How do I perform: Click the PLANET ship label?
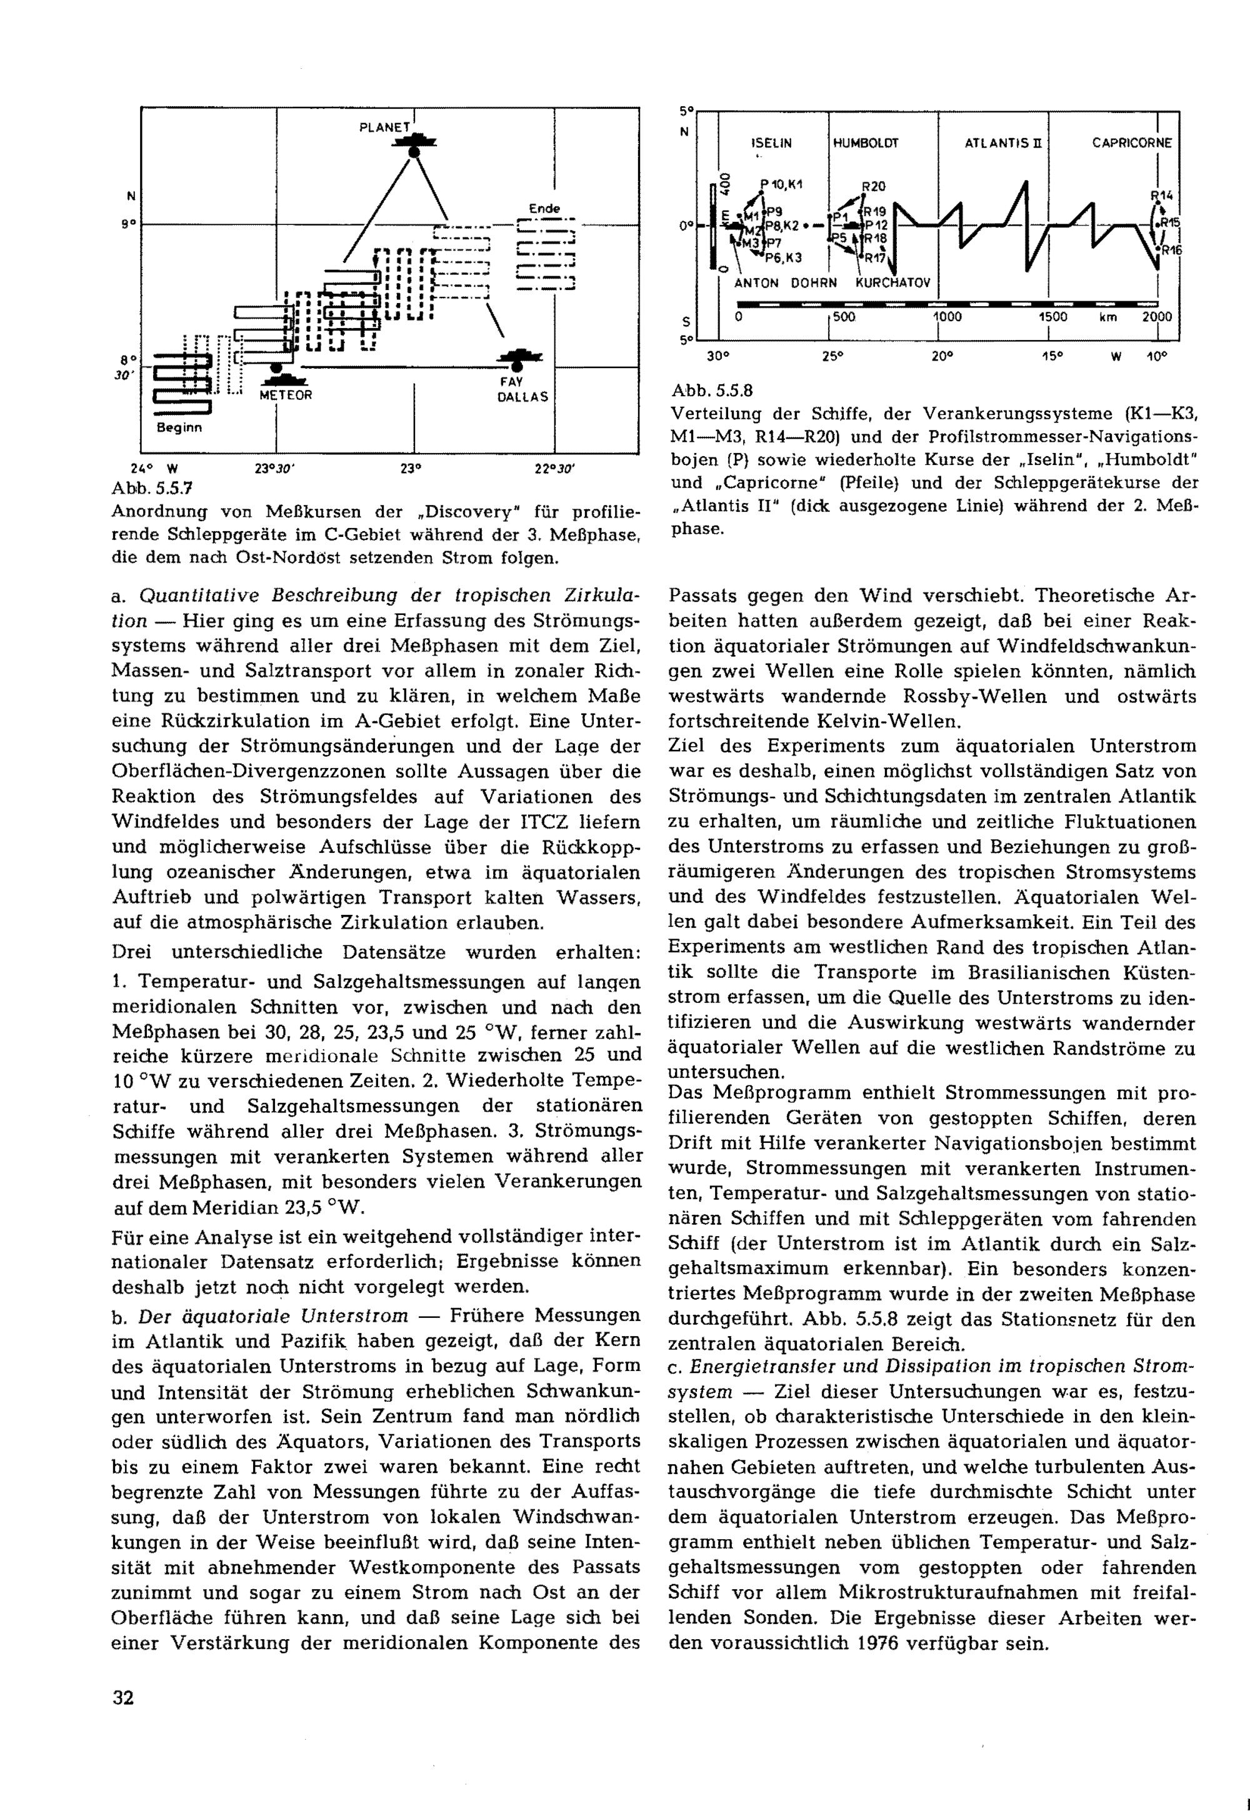click(384, 127)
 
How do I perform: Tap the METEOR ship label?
click(285, 396)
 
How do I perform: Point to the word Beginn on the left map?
click(179, 428)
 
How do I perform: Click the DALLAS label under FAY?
click(523, 397)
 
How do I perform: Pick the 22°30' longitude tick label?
click(554, 470)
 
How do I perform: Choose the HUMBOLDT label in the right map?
click(866, 143)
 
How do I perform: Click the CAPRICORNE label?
click(1132, 143)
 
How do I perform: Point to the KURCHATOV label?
click(893, 282)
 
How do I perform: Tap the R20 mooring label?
click(873, 186)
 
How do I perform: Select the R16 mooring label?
click(1171, 251)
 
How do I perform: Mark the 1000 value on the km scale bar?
click(946, 317)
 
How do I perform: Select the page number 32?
click(123, 1697)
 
